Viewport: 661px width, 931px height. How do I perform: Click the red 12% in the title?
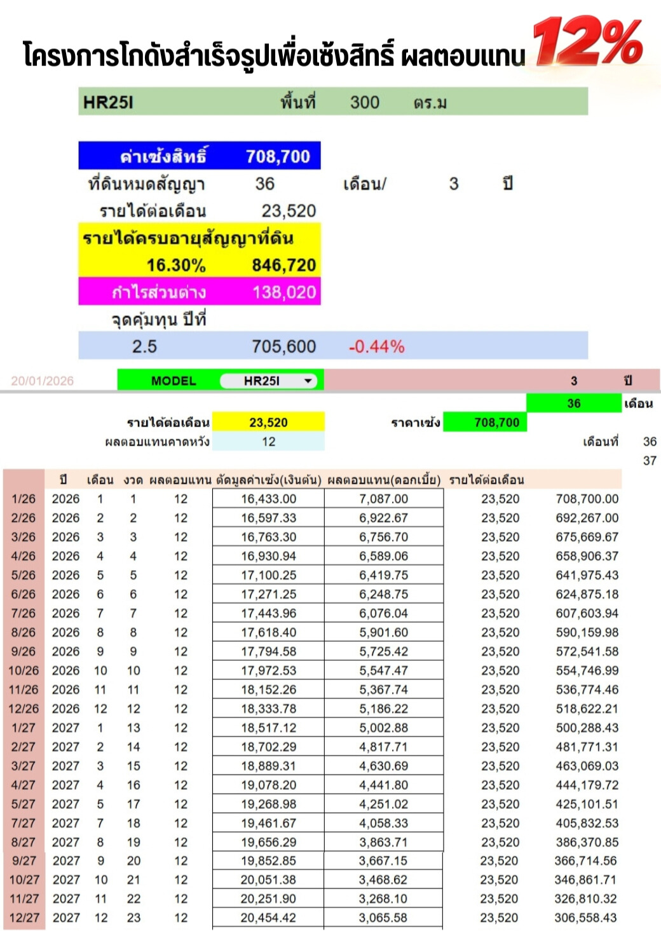[x=588, y=41]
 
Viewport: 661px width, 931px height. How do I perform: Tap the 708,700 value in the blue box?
[x=278, y=156]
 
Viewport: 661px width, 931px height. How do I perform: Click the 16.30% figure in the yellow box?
[x=176, y=265]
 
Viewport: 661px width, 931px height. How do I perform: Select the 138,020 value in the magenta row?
[x=284, y=292]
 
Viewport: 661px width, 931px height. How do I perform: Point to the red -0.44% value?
[x=376, y=347]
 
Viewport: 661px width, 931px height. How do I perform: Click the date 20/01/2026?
[x=43, y=381]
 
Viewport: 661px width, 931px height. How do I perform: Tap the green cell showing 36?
[x=573, y=404]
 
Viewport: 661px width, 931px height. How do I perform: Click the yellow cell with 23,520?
[x=268, y=423]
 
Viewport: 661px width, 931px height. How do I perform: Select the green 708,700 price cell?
[x=496, y=423]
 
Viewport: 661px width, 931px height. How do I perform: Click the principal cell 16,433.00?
[x=268, y=499]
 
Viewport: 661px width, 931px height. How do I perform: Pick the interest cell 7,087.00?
[x=383, y=499]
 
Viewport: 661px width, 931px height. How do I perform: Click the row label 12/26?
[x=24, y=709]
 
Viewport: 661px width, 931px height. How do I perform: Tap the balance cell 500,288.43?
[x=587, y=728]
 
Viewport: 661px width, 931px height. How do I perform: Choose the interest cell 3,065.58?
[x=383, y=918]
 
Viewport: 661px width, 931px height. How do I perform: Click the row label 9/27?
[x=24, y=860]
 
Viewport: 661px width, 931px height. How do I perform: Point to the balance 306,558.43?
[x=585, y=918]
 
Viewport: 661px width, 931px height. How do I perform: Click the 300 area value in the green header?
[x=364, y=102]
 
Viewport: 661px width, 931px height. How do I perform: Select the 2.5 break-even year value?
[x=144, y=347]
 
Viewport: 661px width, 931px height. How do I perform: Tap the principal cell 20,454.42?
[x=268, y=918]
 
